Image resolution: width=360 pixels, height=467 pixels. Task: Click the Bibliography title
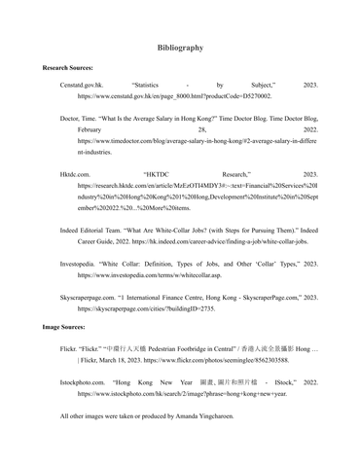pos(180,47)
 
